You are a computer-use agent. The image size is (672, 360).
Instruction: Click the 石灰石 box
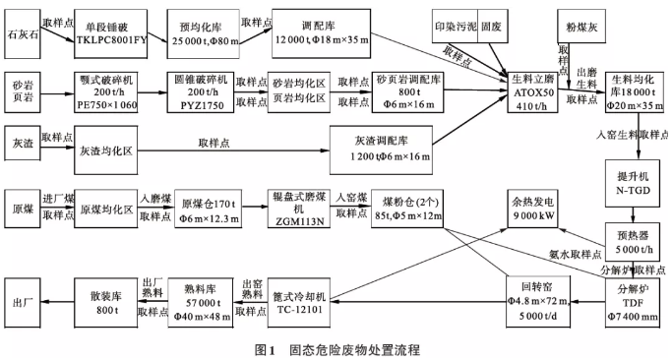23,33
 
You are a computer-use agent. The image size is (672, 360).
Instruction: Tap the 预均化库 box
203,33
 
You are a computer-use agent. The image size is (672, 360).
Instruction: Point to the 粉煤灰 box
581,27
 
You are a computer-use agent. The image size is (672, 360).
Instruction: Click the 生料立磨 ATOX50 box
532,92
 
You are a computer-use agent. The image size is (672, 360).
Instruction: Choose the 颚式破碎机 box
106,92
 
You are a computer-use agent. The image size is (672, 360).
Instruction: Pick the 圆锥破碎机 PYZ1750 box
201,92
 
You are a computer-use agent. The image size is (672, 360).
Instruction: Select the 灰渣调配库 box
381,150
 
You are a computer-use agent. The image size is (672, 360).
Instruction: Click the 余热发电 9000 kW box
532,209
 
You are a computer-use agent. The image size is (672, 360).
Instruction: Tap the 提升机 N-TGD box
633,183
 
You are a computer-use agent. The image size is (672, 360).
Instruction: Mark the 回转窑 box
538,301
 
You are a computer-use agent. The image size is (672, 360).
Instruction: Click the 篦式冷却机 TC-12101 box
299,303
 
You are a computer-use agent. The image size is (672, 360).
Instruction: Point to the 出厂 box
23,303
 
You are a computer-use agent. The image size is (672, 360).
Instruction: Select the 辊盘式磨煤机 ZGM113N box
299,209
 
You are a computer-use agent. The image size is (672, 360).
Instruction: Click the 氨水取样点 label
576,254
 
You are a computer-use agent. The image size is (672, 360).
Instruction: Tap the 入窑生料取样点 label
632,135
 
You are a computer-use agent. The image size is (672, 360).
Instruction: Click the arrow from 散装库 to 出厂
57,302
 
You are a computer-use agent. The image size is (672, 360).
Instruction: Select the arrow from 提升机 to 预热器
633,215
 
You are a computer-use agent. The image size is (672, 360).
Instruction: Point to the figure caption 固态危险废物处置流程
354,350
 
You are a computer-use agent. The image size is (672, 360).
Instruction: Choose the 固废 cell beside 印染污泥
490,27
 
